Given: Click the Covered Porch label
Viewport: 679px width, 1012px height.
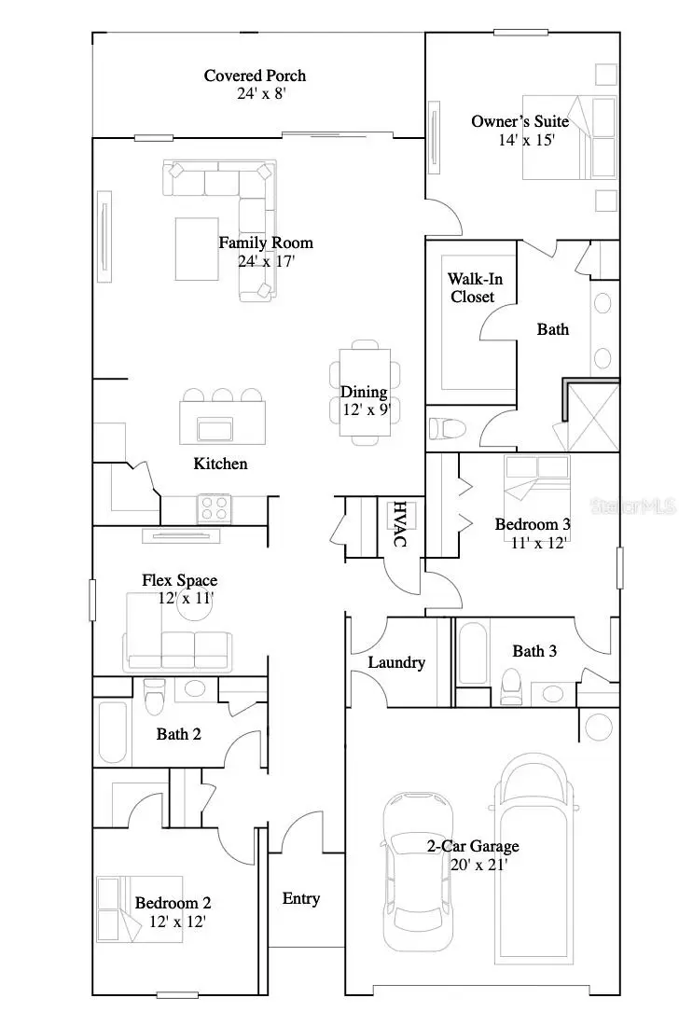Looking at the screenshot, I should point(255,76).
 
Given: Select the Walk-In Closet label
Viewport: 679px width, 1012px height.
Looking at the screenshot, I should point(471,287).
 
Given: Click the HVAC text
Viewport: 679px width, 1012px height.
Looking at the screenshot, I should point(399,524).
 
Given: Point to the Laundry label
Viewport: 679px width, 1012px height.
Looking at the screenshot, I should point(396,662).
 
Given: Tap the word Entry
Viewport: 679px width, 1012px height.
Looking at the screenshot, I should point(300,898).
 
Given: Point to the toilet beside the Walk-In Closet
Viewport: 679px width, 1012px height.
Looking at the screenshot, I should point(448,429).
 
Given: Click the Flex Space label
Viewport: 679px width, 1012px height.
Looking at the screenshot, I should point(179,580).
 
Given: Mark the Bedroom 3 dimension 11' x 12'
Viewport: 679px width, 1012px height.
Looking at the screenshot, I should point(531,542).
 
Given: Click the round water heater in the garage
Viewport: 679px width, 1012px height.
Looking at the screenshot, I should point(595,723).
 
